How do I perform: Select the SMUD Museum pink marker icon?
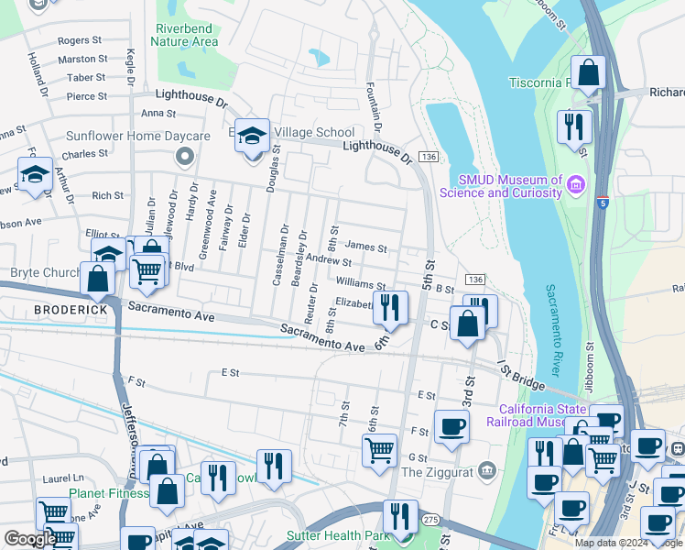click(x=576, y=186)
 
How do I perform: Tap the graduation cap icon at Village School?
click(x=253, y=136)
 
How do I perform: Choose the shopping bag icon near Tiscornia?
click(x=588, y=71)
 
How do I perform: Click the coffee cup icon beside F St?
click(x=451, y=426)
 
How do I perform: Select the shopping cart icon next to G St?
click(x=379, y=450)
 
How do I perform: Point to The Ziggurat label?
click(x=437, y=472)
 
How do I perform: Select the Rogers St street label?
click(x=80, y=40)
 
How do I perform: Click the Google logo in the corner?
click(x=30, y=539)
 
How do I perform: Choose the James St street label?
click(x=367, y=247)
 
